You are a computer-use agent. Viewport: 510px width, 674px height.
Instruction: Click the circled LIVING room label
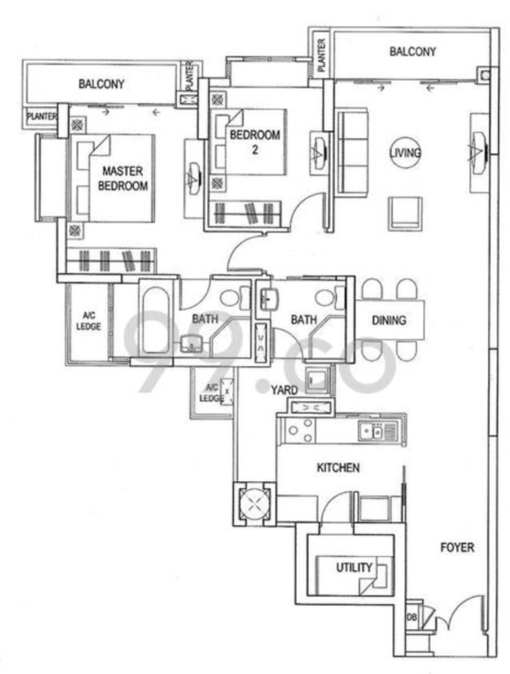[x=406, y=153]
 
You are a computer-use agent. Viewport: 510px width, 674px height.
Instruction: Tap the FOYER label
[x=458, y=547]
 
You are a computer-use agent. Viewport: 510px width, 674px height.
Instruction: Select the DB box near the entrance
[x=412, y=617]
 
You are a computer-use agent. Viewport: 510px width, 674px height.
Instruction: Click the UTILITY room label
[x=354, y=567]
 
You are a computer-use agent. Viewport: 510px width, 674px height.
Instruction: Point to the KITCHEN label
[x=338, y=467]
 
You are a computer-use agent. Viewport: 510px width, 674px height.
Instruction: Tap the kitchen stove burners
[x=300, y=430]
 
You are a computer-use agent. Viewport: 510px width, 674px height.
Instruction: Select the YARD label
[x=284, y=390]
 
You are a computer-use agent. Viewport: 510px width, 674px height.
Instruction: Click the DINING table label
[x=388, y=321]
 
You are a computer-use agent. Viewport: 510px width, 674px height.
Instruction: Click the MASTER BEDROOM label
[x=122, y=178]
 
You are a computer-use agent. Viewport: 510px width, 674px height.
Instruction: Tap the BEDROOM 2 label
[x=255, y=142]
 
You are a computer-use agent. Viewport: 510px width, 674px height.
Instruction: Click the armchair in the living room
[x=406, y=214]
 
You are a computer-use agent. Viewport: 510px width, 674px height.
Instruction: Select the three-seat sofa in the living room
[x=352, y=153]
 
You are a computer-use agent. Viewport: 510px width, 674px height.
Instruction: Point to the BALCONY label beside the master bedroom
[x=101, y=84]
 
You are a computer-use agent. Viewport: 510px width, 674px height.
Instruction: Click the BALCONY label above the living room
[x=412, y=51]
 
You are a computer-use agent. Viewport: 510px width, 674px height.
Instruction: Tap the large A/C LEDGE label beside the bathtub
[x=89, y=321]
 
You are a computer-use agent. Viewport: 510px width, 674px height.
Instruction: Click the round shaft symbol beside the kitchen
[x=254, y=504]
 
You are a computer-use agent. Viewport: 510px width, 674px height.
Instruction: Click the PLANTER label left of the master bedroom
[x=42, y=116]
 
